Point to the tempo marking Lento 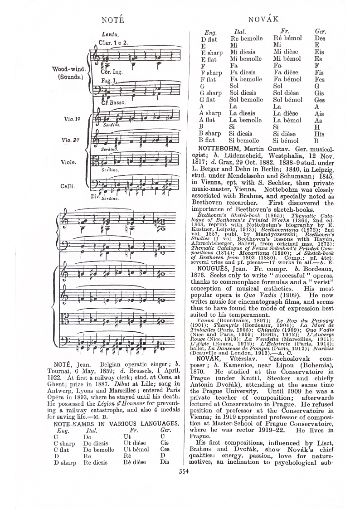(110, 34)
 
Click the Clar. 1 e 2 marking (114, 43)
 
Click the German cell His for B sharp (319, 134)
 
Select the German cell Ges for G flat (319, 100)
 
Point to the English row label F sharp (211, 73)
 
